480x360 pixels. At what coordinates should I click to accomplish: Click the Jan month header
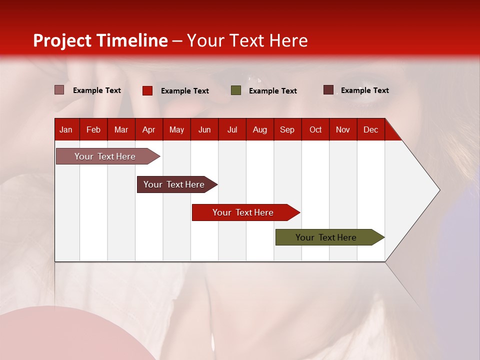[x=66, y=130]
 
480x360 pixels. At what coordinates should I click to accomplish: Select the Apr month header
[x=148, y=130]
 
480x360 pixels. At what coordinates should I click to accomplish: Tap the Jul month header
[x=232, y=130]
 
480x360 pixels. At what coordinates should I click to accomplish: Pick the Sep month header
[x=287, y=130]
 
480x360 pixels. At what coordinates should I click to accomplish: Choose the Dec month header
[x=370, y=130]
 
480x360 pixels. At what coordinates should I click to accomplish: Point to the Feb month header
[x=93, y=130]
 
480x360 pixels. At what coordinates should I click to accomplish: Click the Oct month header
[x=315, y=130]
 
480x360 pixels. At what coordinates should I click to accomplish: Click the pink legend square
[x=59, y=90]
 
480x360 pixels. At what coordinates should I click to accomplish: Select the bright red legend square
[x=147, y=90]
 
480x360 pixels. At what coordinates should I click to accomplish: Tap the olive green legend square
[x=236, y=90]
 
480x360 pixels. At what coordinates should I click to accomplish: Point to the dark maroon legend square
[x=328, y=90]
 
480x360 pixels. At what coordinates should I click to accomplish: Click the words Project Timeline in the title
[x=100, y=40]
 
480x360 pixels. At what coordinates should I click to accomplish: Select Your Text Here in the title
[x=247, y=40]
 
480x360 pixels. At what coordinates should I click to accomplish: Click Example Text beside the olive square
[x=272, y=91]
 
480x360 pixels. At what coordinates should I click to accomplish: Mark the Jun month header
[x=204, y=130]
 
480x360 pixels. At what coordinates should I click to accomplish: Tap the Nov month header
[x=343, y=130]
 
